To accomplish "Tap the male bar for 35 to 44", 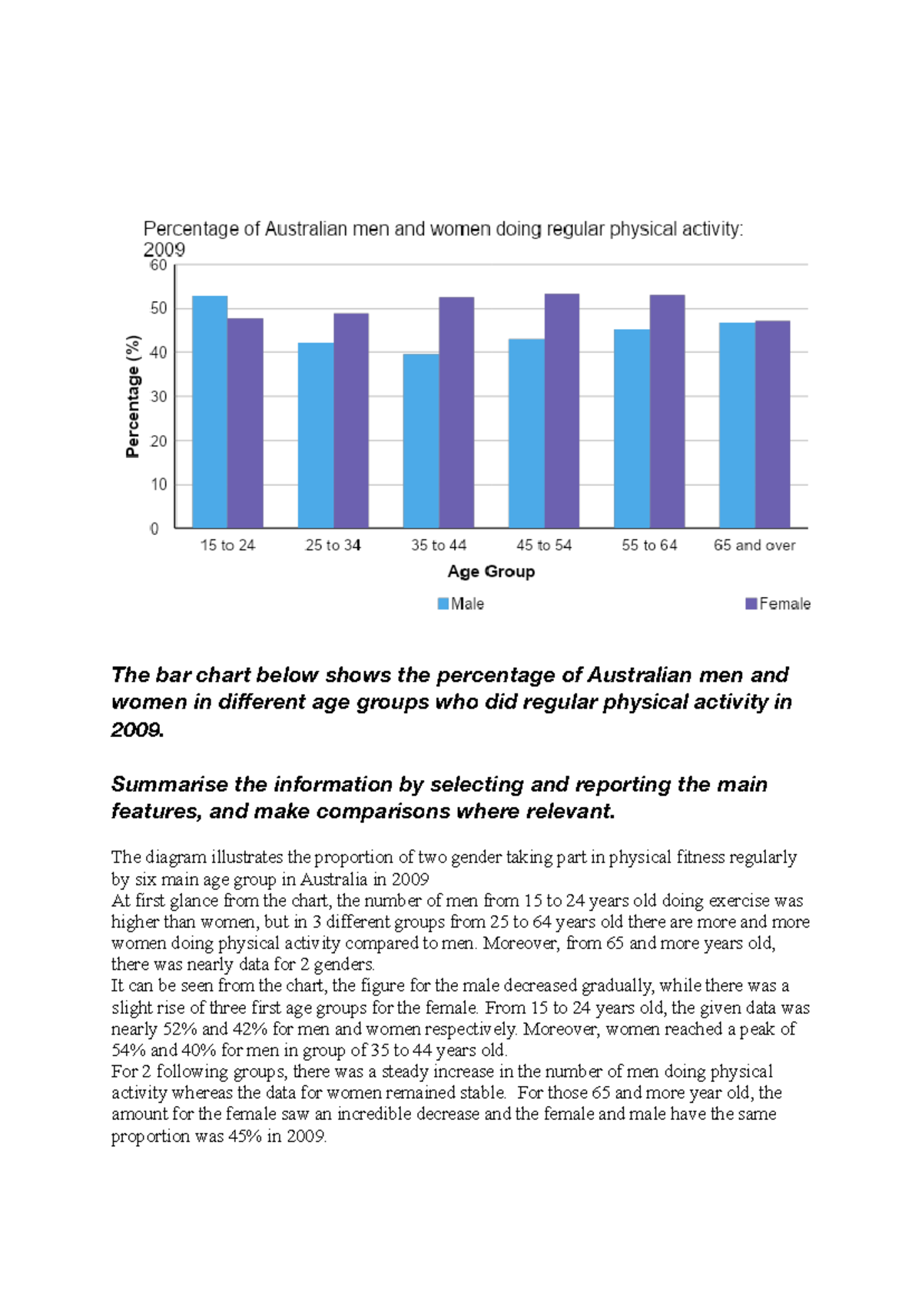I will click(x=421, y=441).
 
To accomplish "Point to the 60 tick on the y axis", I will click(x=158, y=265).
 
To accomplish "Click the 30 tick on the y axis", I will click(x=158, y=397).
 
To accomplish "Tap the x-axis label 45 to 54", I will click(x=544, y=545).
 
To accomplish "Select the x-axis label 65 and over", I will click(x=755, y=545).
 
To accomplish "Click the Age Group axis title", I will click(x=491, y=571).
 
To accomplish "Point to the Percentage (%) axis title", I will click(x=133, y=397).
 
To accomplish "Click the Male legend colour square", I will click(x=443, y=604).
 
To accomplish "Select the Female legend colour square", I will click(x=751, y=604).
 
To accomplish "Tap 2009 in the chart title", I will click(x=164, y=250).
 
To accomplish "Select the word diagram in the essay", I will click(x=176, y=857).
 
